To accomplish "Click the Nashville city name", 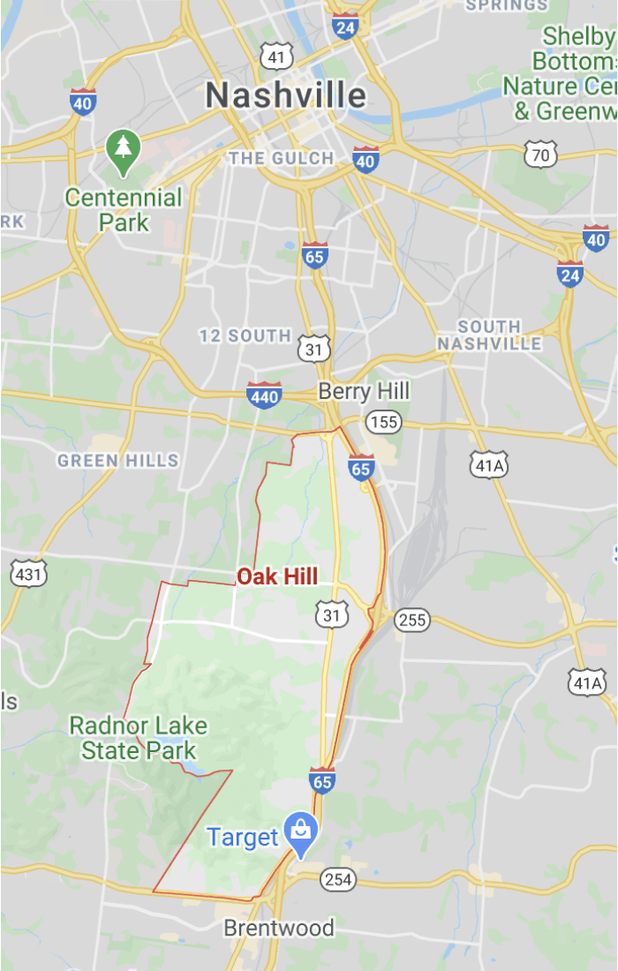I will coord(285,95).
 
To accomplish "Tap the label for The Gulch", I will coord(281,159).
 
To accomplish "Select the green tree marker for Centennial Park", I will coord(123,150).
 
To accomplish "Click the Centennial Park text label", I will coord(124,209).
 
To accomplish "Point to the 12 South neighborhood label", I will coord(245,335).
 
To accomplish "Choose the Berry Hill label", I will coord(364,391).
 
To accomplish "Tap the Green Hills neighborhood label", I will coord(118,460).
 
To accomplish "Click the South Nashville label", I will coord(489,335).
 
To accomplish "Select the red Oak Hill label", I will coord(277,577).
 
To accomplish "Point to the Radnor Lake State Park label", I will coord(139,739).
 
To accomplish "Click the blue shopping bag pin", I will coord(302,832).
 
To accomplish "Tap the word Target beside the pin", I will coord(243,837).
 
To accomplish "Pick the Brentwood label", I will coord(279,928).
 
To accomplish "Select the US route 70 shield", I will coord(539,155).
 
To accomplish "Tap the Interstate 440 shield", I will coord(264,395).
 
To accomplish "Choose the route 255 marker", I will coord(411,620).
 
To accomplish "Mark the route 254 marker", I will coord(337,879).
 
